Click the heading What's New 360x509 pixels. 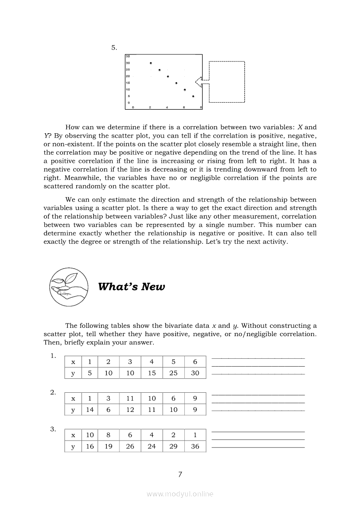click(x=132, y=287)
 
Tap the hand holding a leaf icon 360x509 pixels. click(x=69, y=287)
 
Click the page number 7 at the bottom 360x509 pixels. click(x=180, y=475)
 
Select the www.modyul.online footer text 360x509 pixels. click(x=180, y=494)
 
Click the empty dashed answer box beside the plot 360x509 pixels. click(x=227, y=82)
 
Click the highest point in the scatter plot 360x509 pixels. click(x=151, y=63)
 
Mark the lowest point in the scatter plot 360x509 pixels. click(x=193, y=96)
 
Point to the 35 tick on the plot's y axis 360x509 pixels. click(x=128, y=56)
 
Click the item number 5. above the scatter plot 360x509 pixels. click(x=114, y=48)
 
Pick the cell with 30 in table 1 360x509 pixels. click(x=195, y=373)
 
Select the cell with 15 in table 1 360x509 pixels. click(x=152, y=373)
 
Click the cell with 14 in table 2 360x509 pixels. click(x=90, y=410)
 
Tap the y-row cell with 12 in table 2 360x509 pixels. click(x=130, y=410)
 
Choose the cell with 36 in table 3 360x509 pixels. click(x=195, y=446)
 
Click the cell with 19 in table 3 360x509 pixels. click(x=109, y=446)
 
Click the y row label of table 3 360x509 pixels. click(x=73, y=446)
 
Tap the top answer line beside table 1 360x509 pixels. click(x=258, y=358)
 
